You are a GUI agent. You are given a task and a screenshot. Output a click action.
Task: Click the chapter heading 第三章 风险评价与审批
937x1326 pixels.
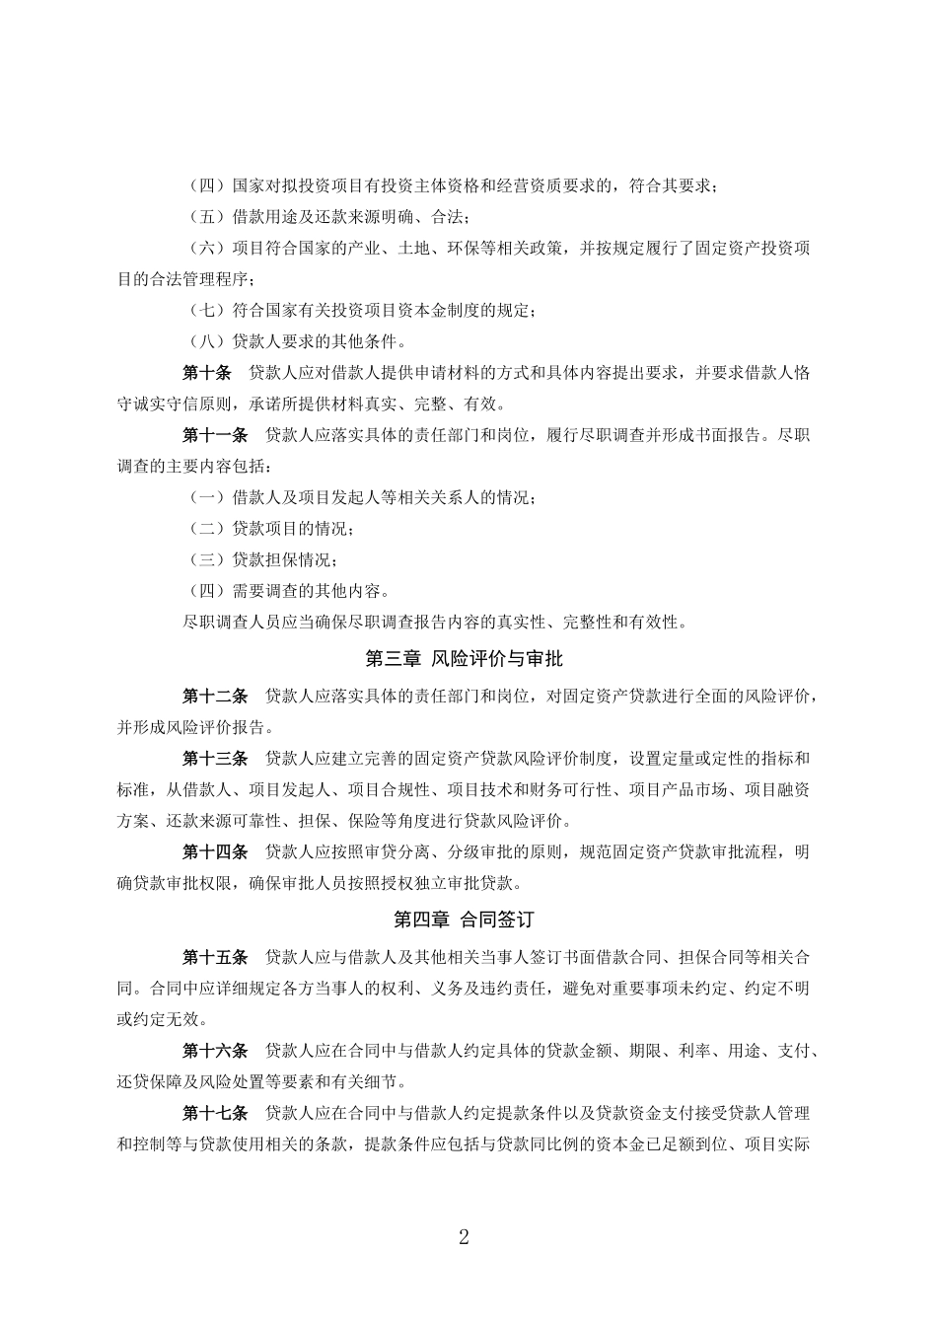(464, 658)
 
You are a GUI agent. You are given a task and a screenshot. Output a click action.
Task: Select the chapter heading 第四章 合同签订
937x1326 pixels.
(464, 920)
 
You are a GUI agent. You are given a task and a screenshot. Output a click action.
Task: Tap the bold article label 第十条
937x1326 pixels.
(207, 372)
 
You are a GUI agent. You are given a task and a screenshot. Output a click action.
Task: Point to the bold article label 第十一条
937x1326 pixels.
(215, 434)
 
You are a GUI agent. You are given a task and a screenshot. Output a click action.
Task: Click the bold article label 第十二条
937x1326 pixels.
(215, 696)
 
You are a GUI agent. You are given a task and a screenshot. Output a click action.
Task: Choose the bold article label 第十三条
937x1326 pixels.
(215, 758)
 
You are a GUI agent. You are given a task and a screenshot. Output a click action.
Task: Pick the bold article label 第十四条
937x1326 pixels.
(215, 851)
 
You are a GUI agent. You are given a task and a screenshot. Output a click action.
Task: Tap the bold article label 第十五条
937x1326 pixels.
(215, 957)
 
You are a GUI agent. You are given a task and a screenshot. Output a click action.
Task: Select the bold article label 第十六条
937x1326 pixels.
(215, 1051)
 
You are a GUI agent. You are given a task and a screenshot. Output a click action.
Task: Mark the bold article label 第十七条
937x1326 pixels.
(215, 1113)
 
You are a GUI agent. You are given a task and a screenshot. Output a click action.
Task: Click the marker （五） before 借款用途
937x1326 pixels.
(207, 217)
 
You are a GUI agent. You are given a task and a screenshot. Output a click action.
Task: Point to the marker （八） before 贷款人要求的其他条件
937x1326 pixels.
(207, 341)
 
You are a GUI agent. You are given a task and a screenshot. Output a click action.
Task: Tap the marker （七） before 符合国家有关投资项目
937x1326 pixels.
(207, 311)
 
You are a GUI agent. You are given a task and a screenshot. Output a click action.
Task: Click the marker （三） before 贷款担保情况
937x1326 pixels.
(207, 559)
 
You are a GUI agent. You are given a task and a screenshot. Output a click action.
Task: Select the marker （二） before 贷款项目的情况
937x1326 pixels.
(207, 528)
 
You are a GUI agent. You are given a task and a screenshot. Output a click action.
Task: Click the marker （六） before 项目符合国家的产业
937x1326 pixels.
(207, 248)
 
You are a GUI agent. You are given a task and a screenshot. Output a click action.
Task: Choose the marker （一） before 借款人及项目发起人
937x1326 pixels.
(207, 497)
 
